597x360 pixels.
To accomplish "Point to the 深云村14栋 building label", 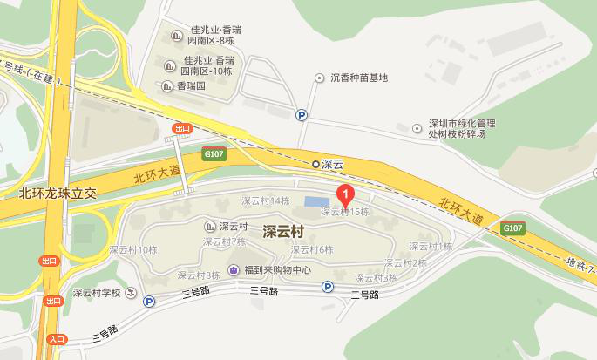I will pos(265,201).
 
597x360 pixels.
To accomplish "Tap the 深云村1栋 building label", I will pos(431,247).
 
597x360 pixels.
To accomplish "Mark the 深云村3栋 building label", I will pos(375,277).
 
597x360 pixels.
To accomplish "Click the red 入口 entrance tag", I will pos(57,340).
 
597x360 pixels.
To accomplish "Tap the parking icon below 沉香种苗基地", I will pos(302,113).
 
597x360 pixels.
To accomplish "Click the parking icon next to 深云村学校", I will pos(149,302).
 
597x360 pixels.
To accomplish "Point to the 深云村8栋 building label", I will pos(199,275).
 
